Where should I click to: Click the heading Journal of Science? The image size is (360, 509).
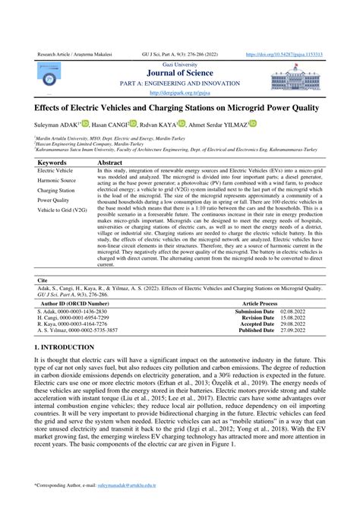pos(179,74)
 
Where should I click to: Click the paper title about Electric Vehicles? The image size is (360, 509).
pos(179,110)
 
